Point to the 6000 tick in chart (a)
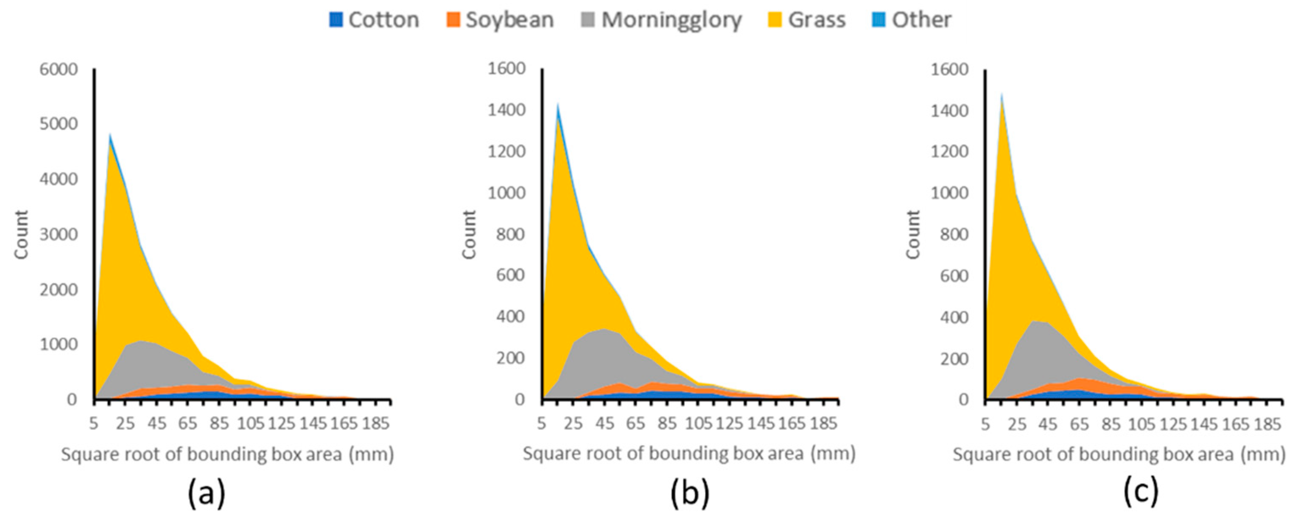tap(59, 69)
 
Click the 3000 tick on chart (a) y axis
tap(59, 235)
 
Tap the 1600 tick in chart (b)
tap(506, 69)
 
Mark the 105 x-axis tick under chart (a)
tap(250, 424)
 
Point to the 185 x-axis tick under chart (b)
tap(823, 424)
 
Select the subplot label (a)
tap(206, 493)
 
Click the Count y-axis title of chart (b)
tap(469, 235)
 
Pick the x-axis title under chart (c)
tap(1119, 454)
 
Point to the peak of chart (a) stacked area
tap(110, 135)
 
